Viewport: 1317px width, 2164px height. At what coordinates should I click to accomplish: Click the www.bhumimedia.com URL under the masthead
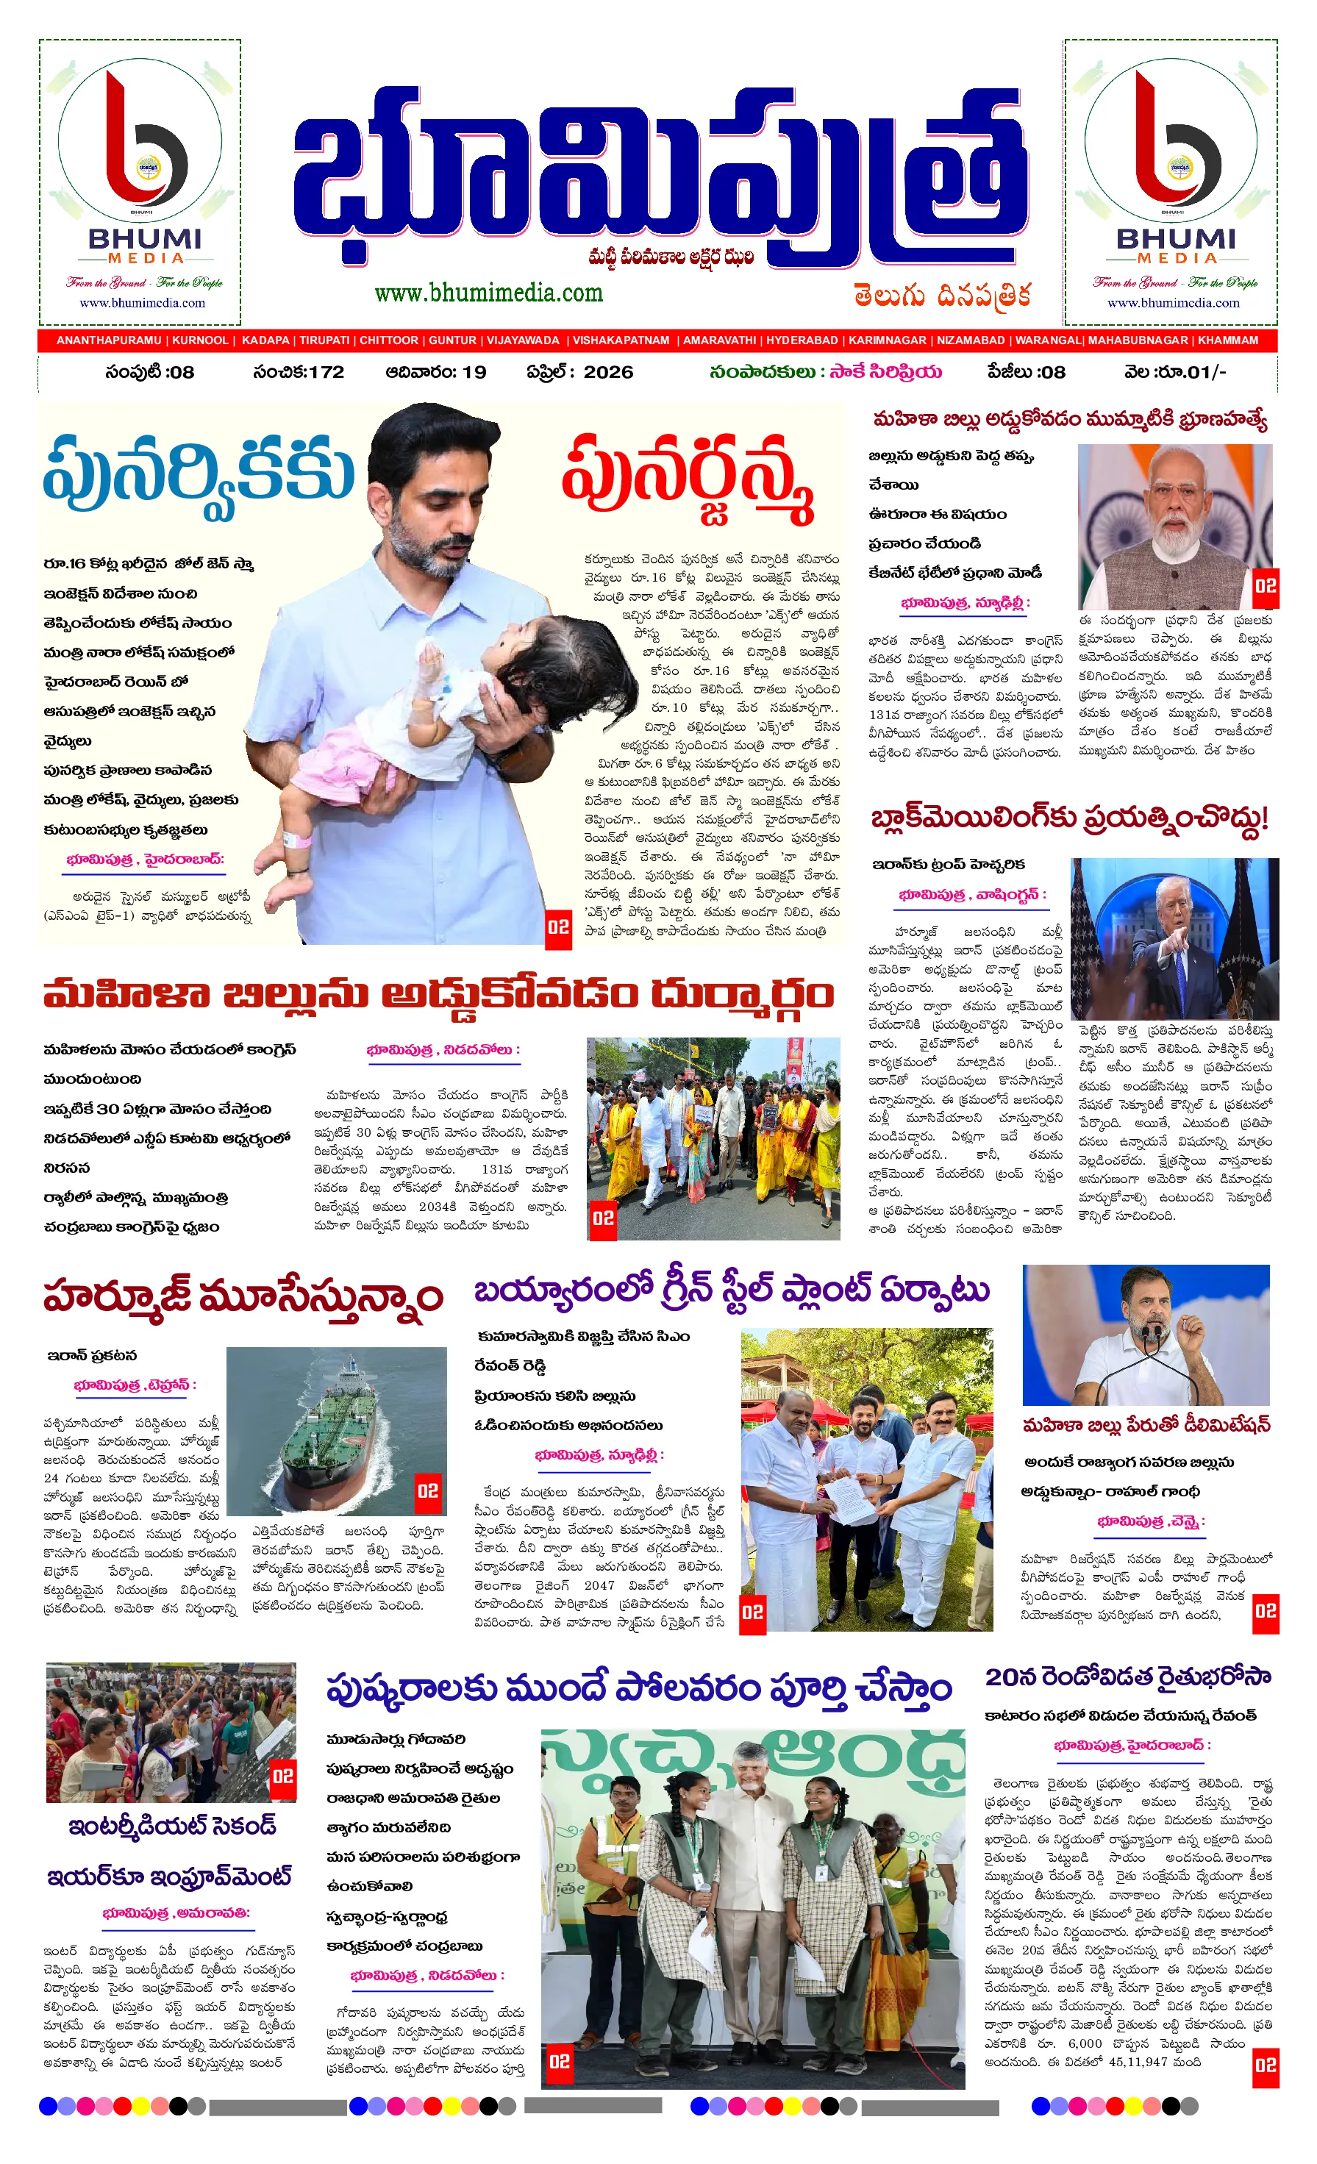pos(488,293)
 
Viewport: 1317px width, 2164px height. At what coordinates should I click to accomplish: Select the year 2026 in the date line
pos(608,371)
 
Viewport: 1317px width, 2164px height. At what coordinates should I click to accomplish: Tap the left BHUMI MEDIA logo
pos(140,182)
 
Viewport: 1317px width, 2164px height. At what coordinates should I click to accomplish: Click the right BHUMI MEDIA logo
pos(1171,182)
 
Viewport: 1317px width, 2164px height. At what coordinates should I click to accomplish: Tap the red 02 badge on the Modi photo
pos(1266,586)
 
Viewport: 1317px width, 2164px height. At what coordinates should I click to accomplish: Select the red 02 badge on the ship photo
pos(428,1491)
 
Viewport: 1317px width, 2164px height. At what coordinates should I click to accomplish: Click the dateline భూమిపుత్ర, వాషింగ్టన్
pos(971,894)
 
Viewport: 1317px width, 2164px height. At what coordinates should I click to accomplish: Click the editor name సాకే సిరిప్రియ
pos(888,371)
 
